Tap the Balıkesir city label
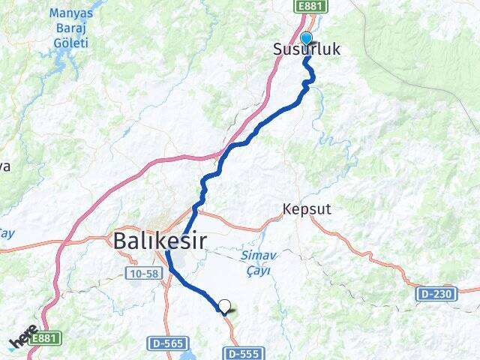160,241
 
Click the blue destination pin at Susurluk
306,39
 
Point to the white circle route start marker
223,305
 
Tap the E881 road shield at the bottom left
45,338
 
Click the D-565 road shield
165,343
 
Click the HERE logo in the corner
22,337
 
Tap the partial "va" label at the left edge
4,166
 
